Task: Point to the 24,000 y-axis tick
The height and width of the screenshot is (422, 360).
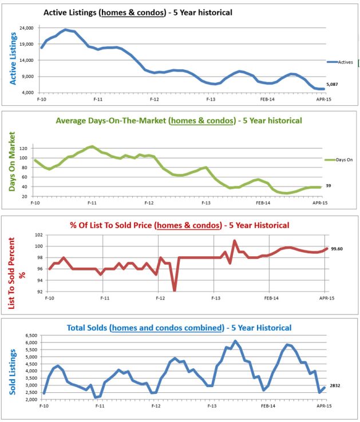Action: tap(24, 28)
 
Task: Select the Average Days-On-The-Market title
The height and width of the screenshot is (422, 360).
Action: tap(179, 121)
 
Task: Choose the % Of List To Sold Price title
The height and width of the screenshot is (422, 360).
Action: tap(179, 225)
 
